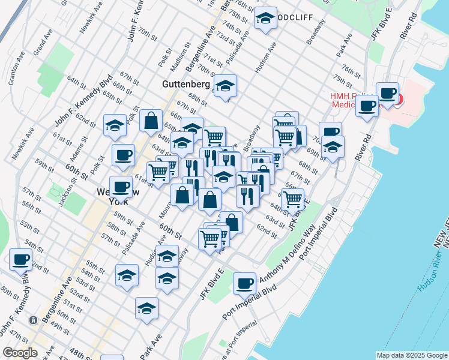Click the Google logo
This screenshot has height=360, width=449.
click(x=20, y=353)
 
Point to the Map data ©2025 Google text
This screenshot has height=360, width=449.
click(x=412, y=355)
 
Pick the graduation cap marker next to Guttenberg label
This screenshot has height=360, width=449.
click(x=226, y=85)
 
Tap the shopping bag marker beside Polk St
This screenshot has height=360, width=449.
click(x=151, y=120)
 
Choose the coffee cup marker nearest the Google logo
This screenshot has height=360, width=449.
click(x=21, y=259)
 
